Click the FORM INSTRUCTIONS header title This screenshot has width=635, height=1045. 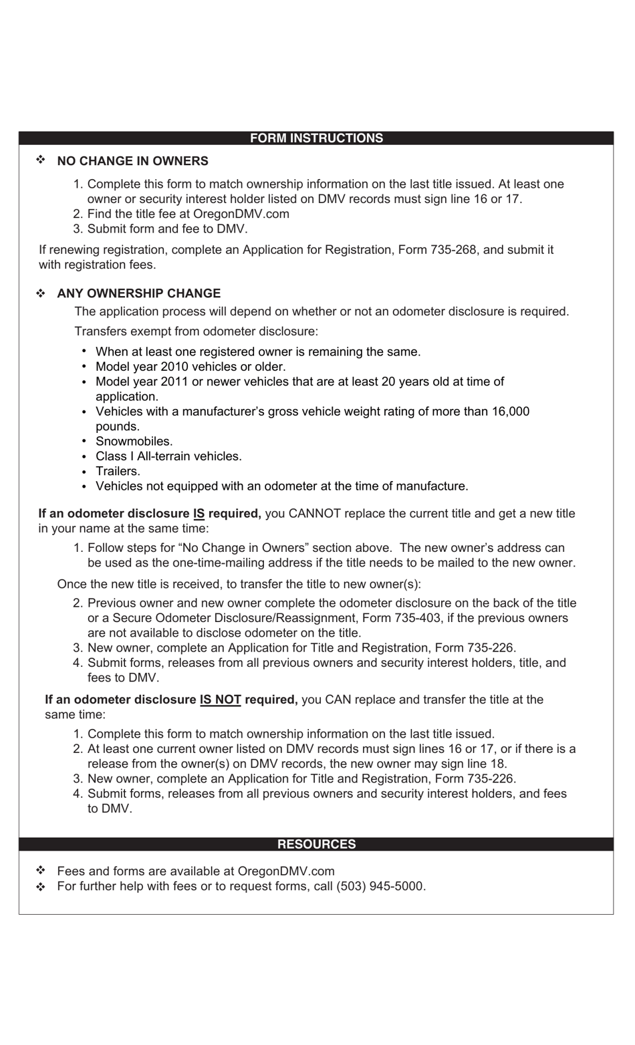click(316, 138)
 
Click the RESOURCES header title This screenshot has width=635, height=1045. click(316, 844)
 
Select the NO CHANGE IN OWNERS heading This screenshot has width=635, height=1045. click(132, 161)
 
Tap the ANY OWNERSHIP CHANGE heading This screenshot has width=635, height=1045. click(138, 293)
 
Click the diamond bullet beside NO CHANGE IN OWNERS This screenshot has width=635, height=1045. click(41, 160)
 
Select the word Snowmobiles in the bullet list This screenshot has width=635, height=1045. click(134, 442)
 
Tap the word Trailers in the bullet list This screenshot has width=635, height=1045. click(118, 471)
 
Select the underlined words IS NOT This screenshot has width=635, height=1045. click(220, 700)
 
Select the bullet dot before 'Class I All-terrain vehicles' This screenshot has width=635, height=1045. click(84, 456)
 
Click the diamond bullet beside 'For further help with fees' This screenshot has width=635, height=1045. click(41, 887)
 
